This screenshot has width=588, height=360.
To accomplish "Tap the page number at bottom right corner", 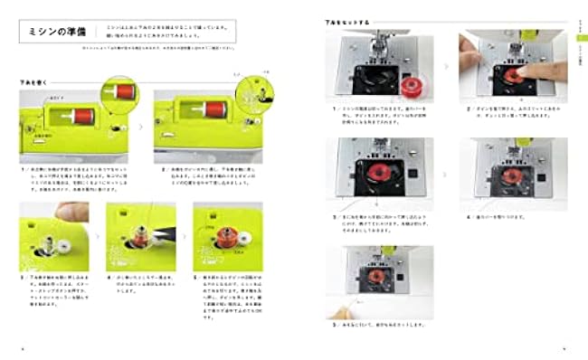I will click(x=563, y=347).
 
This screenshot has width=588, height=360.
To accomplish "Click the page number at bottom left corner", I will click(x=24, y=347).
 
